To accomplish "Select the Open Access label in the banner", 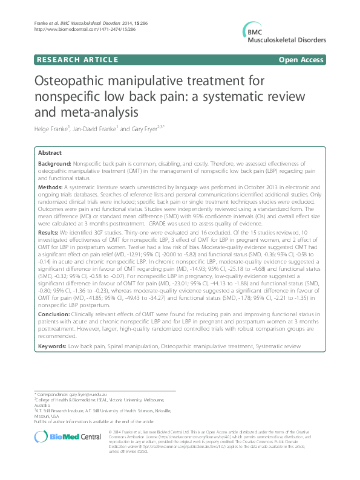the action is [303, 59].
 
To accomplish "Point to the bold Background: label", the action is [54, 164].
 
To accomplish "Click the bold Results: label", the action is [48, 233].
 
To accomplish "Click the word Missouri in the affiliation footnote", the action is [42, 416].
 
